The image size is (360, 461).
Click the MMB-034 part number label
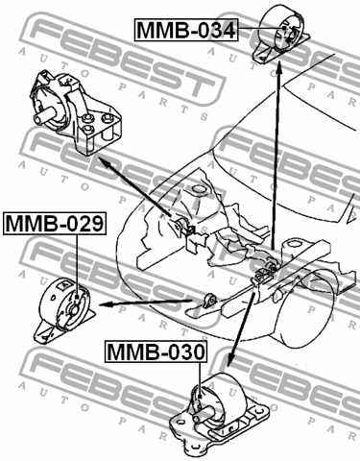(185, 31)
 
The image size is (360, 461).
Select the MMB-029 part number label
(55, 225)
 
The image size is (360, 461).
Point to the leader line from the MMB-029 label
(75, 259)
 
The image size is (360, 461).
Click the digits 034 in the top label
(212, 31)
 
